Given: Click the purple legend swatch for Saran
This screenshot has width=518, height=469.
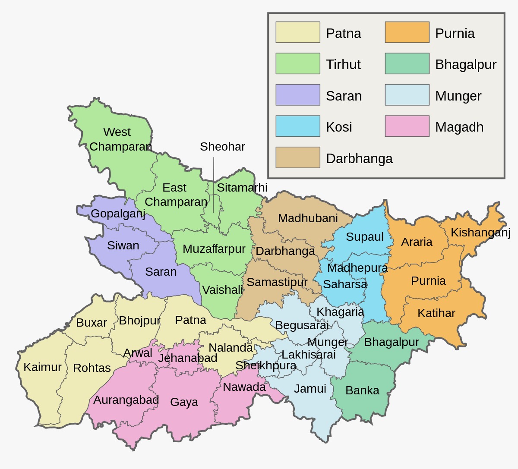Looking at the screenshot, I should [x=298, y=95].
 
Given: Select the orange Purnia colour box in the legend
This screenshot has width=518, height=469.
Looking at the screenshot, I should [x=407, y=32].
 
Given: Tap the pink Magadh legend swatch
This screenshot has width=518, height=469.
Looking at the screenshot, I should [x=407, y=126].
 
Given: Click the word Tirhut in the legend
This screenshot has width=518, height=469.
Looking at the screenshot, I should [x=343, y=64].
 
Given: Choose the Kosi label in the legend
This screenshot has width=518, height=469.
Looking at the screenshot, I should [x=339, y=127].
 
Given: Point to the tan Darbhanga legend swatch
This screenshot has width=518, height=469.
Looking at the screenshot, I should [x=298, y=157].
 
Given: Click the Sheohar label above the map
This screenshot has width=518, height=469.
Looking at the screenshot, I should [x=222, y=147].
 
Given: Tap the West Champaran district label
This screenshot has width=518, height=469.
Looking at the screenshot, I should [x=120, y=139].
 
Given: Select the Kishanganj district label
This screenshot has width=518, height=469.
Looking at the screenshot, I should [x=480, y=233].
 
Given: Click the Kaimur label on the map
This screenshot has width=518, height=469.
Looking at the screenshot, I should [x=42, y=367].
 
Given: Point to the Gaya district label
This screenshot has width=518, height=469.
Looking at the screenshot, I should [x=184, y=402].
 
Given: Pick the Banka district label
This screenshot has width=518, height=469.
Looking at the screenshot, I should [x=362, y=390].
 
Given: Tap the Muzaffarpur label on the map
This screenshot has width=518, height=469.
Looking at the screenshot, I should [x=214, y=249].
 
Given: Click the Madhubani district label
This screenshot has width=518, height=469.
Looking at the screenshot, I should [x=308, y=218].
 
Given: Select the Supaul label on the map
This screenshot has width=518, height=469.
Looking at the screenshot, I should [x=364, y=237].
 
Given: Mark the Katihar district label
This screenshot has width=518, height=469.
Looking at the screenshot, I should [x=436, y=313].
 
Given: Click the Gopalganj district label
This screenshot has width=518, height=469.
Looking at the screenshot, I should [x=118, y=214].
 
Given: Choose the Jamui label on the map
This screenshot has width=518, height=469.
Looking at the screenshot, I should [x=310, y=389].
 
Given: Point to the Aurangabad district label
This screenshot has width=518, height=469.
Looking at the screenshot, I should [x=126, y=400].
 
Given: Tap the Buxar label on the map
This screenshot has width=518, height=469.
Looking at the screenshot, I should [x=92, y=323].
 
